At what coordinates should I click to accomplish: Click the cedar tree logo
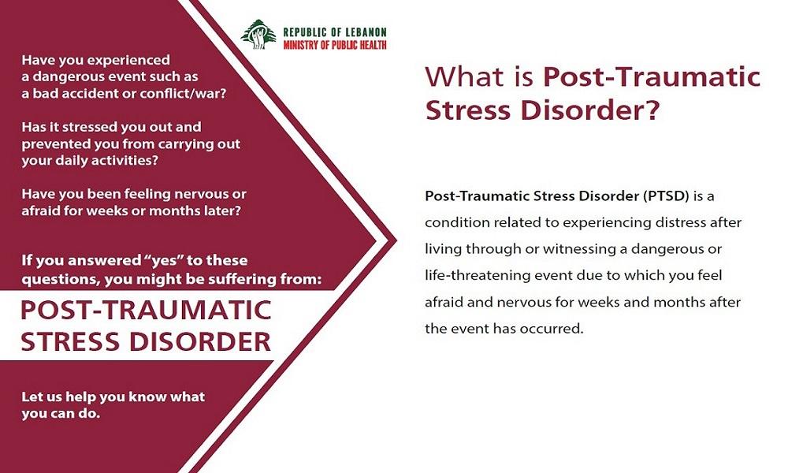[258, 34]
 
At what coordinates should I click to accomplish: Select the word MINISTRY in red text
[300, 45]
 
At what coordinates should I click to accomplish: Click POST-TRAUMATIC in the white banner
[147, 310]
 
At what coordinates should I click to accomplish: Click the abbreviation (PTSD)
[665, 196]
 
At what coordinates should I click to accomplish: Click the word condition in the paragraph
[457, 222]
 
